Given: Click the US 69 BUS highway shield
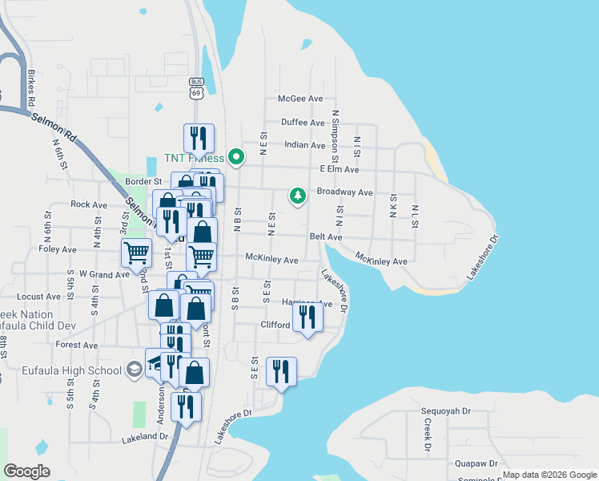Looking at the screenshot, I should tap(196, 87).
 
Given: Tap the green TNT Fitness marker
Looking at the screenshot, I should tap(235, 157).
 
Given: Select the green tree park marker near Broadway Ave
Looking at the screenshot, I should tap(298, 196).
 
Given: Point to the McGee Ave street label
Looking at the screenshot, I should tap(300, 99).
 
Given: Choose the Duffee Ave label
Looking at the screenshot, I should tap(303, 123).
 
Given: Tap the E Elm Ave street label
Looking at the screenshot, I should tap(340, 169).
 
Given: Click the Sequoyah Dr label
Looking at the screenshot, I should tap(446, 410).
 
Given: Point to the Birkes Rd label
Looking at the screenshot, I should tap(31, 89).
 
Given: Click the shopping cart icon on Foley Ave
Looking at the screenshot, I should tap(136, 253).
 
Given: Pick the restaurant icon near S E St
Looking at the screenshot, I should tap(281, 371).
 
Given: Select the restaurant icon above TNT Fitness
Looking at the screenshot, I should tap(198, 138).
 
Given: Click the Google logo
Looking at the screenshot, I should tap(27, 471).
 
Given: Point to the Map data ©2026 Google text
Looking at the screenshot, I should tap(549, 475).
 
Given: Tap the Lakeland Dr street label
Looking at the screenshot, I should tap(145, 438).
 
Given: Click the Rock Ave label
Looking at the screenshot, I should tap(84, 204).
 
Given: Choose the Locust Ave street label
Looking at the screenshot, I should tap(42, 296).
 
